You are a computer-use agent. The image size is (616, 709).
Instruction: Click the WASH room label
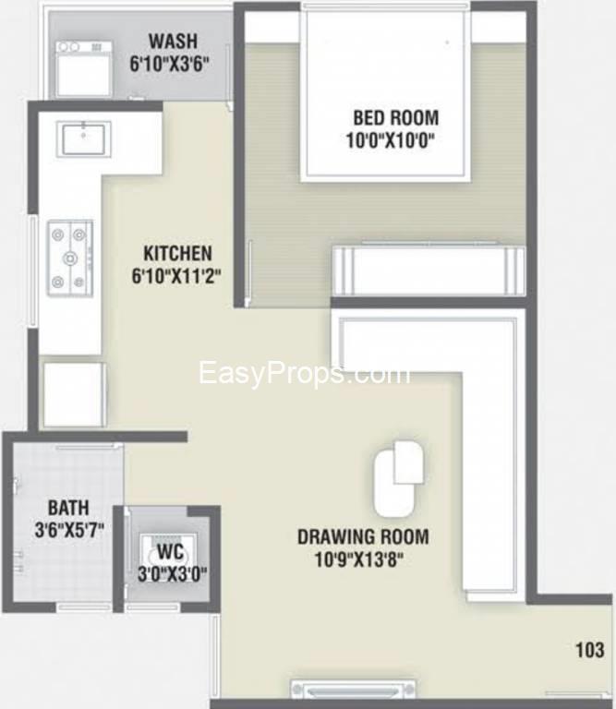pos(173,42)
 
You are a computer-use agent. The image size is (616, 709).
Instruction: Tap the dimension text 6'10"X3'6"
pos(169,64)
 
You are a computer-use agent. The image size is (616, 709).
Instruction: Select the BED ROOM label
pos(396,117)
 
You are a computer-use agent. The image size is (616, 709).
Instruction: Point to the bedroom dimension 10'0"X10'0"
pos(390,139)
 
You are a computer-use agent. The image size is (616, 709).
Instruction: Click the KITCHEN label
pos(177,253)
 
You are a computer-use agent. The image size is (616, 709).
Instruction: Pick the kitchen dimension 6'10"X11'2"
pos(176,275)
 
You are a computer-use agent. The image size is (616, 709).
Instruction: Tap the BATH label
pos(68,508)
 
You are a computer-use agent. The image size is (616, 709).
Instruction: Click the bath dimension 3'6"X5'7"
pos(69,530)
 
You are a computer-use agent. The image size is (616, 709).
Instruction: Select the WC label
pos(170,552)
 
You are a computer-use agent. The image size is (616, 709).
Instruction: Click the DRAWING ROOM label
pos(363,536)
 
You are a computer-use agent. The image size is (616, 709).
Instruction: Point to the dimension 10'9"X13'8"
pos(358,559)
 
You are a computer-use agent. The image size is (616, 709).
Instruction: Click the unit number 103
pos(589,650)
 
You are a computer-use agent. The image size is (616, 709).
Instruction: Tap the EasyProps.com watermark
pos(305,374)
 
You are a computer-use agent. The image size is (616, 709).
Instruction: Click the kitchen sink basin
pos(84,138)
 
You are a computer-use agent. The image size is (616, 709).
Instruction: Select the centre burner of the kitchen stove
pos(69,258)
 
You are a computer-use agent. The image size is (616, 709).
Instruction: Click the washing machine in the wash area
pos(84,68)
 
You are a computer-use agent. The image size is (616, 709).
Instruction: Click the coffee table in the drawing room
pos(399,478)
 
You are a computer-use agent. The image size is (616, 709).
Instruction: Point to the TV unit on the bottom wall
pos(353,689)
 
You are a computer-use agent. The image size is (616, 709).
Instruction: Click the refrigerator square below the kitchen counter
pos(75,394)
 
